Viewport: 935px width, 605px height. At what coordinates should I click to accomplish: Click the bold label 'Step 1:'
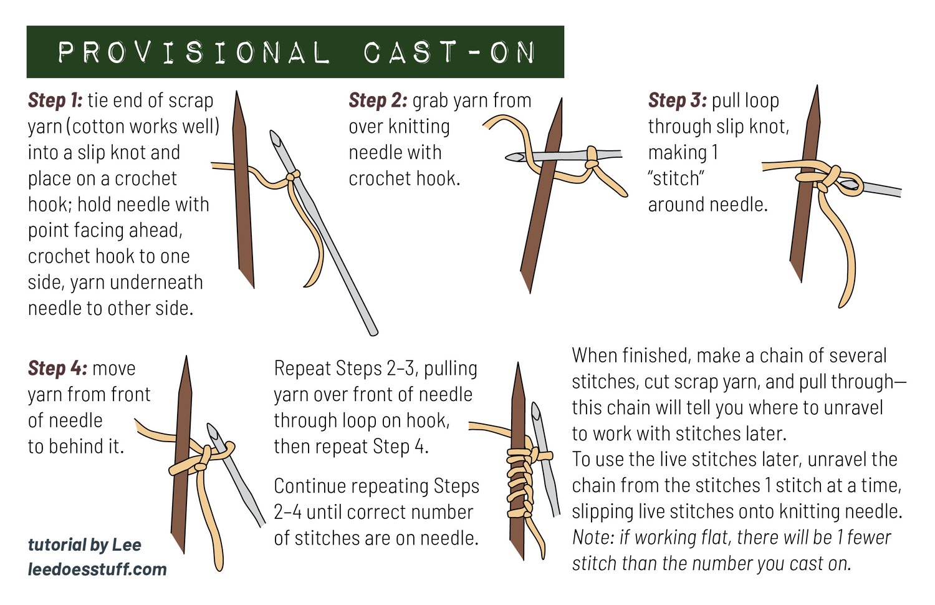pyautogui.click(x=55, y=100)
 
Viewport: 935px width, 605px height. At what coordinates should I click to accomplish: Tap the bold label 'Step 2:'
pyautogui.click(x=378, y=100)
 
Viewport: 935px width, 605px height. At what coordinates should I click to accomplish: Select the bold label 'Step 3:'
pyautogui.click(x=677, y=100)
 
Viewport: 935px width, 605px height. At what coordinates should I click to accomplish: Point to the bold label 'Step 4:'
pyautogui.click(x=57, y=369)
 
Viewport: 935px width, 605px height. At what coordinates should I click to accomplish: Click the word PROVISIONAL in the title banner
pyautogui.click(x=194, y=52)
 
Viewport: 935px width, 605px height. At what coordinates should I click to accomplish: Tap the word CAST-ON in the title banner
pyautogui.click(x=449, y=52)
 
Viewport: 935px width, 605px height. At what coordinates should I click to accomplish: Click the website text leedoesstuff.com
pyautogui.click(x=97, y=569)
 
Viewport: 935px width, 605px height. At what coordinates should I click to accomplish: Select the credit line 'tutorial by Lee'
pyautogui.click(x=85, y=545)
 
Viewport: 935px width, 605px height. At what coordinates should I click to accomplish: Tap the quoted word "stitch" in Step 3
pyautogui.click(x=676, y=179)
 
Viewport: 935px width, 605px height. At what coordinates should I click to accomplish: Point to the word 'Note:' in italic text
pyautogui.click(x=593, y=538)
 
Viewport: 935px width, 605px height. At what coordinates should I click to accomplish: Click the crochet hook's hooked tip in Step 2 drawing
pyautogui.click(x=514, y=157)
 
